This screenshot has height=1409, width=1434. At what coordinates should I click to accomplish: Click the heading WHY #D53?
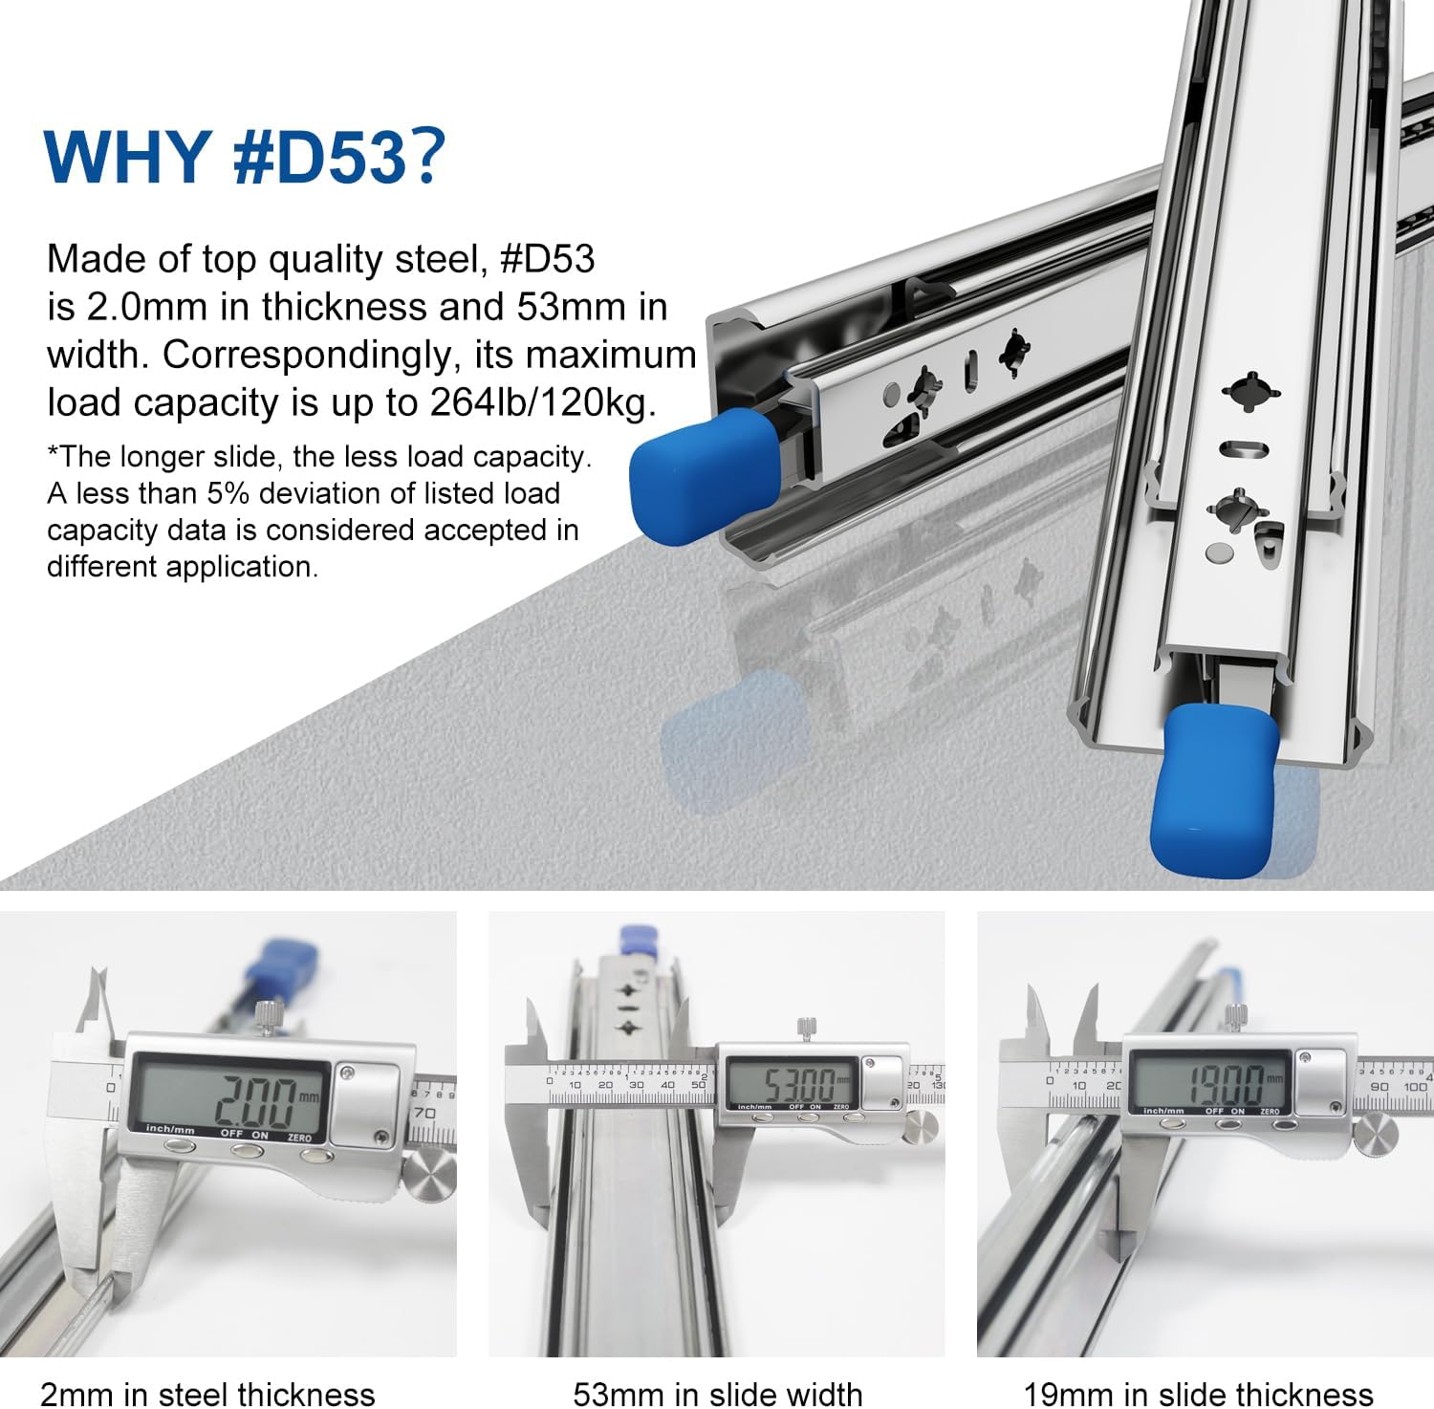(x=245, y=155)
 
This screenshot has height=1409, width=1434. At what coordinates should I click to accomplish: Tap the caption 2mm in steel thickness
(x=207, y=1393)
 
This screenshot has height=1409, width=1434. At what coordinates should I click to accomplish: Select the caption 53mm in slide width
(x=717, y=1393)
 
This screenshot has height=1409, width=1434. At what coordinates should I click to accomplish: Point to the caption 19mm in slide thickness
(x=1198, y=1393)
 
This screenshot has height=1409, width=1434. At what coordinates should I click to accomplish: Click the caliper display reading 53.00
(x=790, y=1084)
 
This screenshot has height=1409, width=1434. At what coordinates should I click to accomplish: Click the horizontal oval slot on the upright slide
(x=1245, y=448)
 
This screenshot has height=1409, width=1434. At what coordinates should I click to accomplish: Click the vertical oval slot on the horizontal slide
(x=971, y=365)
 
